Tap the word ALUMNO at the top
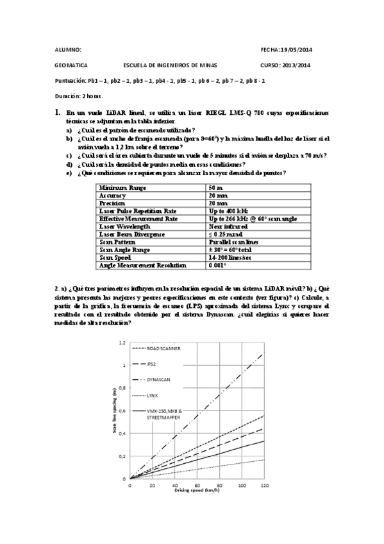[69, 49]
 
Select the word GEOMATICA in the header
[72, 65]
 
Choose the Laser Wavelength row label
[125, 226]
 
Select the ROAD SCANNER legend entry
[163, 348]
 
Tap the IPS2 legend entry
[152, 364]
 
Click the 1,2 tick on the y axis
[122, 343]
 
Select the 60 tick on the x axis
[196, 485]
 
